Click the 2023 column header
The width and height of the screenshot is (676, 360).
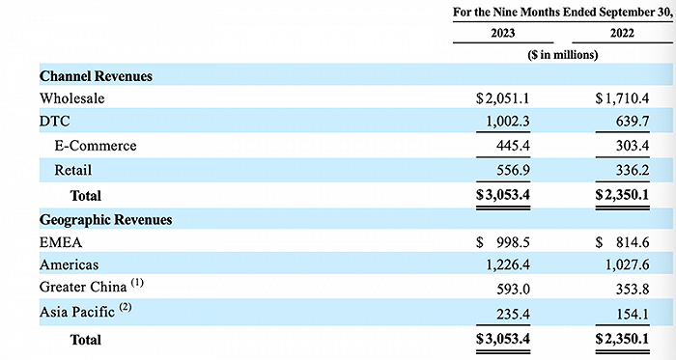coord(503,33)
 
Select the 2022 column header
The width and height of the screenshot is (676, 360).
coord(622,33)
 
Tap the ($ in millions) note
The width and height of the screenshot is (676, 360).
coord(563,55)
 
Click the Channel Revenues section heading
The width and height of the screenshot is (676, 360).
coord(96,76)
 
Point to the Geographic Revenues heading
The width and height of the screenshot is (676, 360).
coord(105,220)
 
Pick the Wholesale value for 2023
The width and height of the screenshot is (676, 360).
coord(503,98)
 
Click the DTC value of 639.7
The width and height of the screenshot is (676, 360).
coord(632,122)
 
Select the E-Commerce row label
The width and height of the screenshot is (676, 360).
coord(96,146)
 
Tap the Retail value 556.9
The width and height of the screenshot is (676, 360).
coord(513,170)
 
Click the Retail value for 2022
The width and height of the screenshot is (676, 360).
coord(632,170)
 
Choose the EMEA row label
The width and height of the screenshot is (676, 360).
coord(60,242)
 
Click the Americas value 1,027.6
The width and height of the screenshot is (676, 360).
coord(628,264)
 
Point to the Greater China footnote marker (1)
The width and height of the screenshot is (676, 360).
coord(137,283)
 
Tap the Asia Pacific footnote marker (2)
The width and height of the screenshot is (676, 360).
coord(125,307)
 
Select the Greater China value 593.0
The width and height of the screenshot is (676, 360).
coord(513,289)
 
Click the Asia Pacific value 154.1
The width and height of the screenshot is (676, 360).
coord(632,314)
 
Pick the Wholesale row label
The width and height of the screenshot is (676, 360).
coord(72,98)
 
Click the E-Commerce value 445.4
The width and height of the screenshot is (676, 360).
coord(513,146)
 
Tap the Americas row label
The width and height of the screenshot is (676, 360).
coord(69,264)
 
